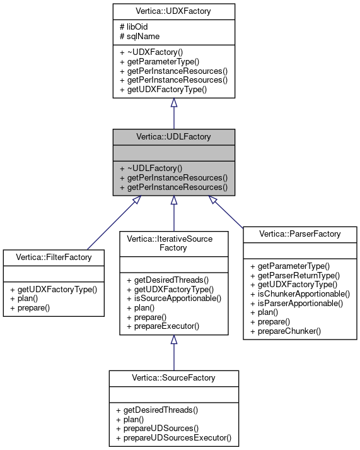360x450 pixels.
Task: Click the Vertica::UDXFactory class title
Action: [x=174, y=11]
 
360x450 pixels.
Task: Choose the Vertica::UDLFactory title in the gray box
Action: [x=174, y=136]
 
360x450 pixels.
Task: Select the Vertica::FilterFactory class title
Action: [x=54, y=258]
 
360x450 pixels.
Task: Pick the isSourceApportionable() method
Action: [x=174, y=298]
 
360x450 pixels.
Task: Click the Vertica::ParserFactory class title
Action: [x=300, y=234]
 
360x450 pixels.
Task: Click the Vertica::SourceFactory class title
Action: [x=174, y=378]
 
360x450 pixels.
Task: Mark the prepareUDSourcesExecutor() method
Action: [x=174, y=437]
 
